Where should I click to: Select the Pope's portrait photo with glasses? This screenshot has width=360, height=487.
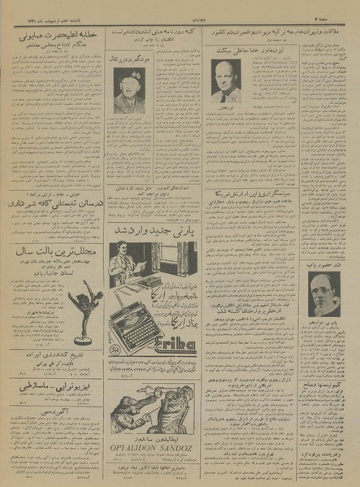pyautogui.click(x=324, y=292)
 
